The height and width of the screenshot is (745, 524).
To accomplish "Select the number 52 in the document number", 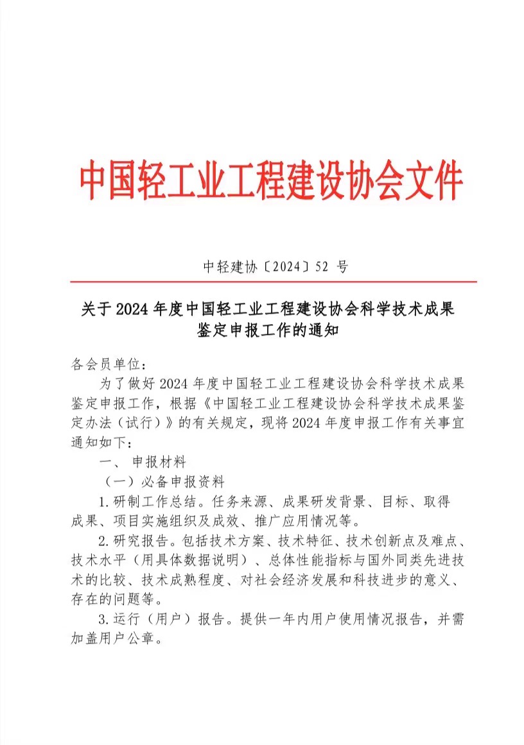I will tap(326, 267).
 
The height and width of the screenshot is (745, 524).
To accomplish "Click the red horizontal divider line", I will tap(273, 282).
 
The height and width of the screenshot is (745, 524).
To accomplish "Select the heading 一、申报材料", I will tap(142, 461).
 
